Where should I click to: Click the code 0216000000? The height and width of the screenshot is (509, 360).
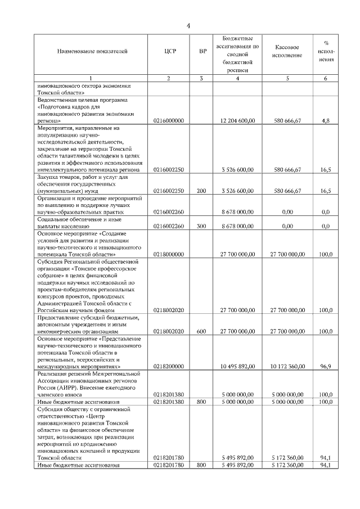pos(169,121)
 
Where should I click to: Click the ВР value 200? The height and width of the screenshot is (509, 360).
pos(202,191)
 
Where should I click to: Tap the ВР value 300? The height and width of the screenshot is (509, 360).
pos(202,226)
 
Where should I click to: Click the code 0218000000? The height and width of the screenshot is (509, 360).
pos(169,254)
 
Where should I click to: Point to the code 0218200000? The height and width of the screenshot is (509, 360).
pos(169,367)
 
